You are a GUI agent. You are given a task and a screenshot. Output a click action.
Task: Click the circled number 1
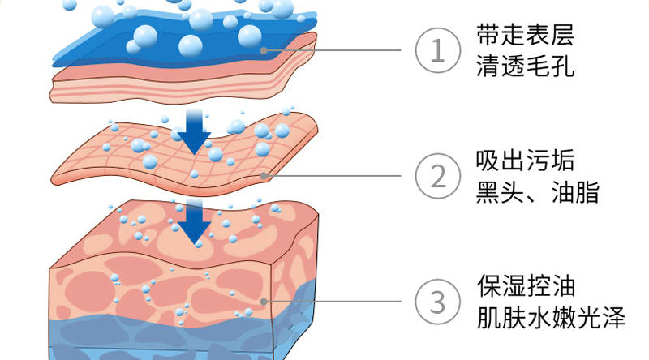pyautogui.click(x=437, y=51)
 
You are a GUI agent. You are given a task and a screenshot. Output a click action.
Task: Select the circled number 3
pyautogui.click(x=437, y=302)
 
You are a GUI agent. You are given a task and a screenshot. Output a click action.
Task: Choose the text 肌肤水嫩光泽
pyautogui.click(x=550, y=317)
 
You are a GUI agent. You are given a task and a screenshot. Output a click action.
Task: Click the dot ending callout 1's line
pyautogui.click(x=263, y=51)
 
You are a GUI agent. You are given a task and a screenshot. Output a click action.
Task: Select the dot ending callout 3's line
pyautogui.click(x=263, y=302)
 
